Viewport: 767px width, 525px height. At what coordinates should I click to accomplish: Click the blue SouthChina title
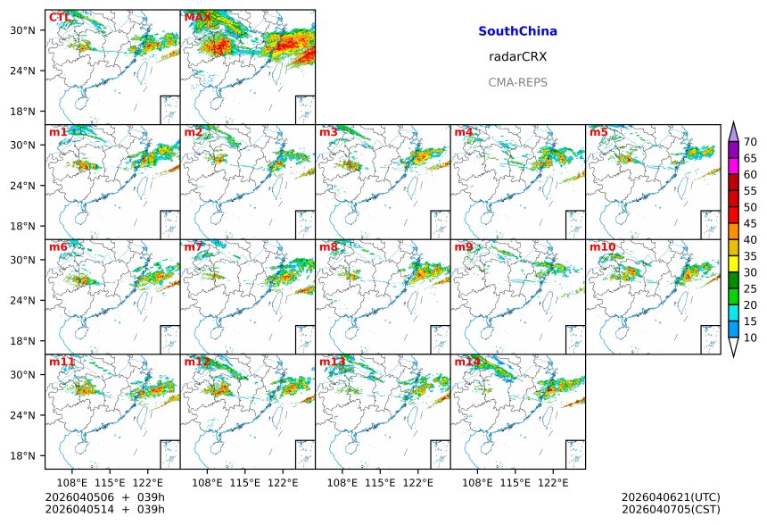point(517,31)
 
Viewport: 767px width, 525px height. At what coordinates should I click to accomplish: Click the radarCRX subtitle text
point(517,57)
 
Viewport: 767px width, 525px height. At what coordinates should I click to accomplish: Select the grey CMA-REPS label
point(517,83)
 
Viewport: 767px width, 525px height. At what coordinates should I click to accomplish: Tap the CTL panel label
point(60,18)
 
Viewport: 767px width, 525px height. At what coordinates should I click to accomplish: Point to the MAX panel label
point(196,18)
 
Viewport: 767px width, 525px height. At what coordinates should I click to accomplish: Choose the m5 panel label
point(598,133)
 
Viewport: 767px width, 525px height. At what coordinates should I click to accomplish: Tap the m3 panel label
point(328,133)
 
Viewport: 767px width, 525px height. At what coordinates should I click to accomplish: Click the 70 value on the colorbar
point(750,142)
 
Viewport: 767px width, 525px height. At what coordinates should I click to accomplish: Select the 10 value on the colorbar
point(750,337)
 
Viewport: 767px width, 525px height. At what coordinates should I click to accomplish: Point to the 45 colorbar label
point(750,223)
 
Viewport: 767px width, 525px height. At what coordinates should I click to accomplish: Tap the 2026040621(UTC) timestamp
point(670,497)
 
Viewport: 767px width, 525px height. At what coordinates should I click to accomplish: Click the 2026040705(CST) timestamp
point(670,509)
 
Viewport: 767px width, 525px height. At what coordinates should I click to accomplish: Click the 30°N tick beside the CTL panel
point(32,30)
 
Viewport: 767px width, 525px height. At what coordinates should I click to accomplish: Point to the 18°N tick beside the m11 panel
point(32,455)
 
